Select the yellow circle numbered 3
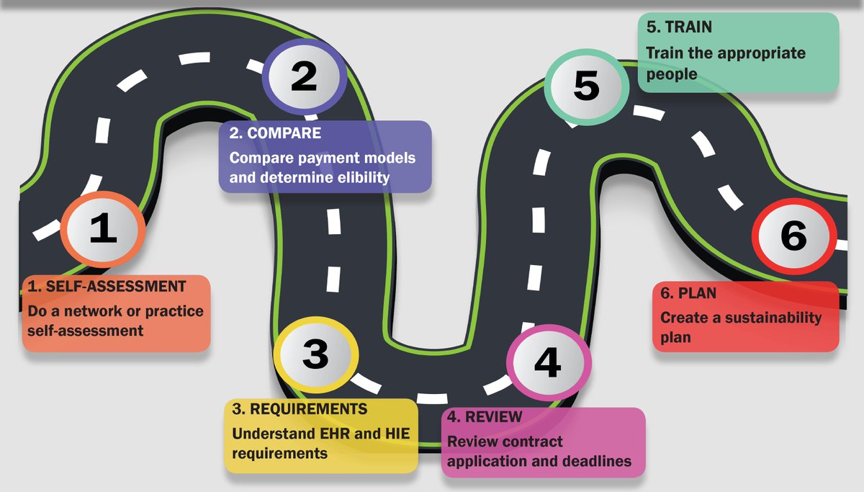(315, 354)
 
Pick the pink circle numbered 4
(547, 362)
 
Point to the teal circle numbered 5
(586, 86)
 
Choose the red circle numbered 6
(793, 236)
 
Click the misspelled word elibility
(359, 177)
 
